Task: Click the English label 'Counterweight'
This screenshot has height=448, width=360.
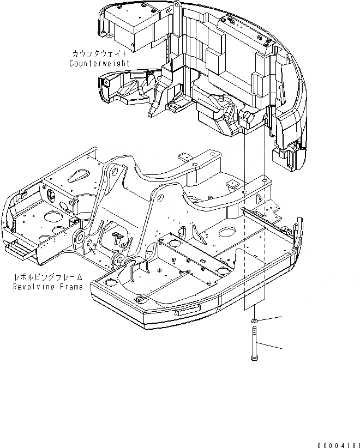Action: coord(99,63)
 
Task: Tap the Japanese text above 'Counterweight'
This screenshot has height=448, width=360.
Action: coord(100,54)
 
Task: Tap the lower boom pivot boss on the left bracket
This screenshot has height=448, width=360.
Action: coord(80,237)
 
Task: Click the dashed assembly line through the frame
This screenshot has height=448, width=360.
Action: coord(265,245)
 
